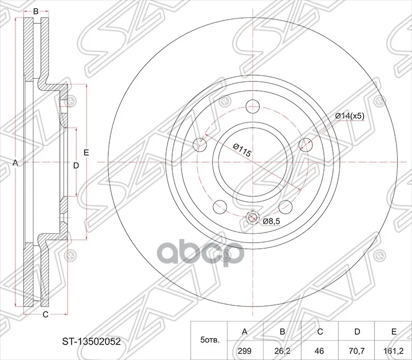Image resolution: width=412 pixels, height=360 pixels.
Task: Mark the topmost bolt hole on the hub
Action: [x=252, y=107]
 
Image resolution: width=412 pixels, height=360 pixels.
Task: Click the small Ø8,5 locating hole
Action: [x=252, y=218]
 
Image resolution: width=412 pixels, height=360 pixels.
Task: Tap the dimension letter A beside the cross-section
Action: [x=15, y=163]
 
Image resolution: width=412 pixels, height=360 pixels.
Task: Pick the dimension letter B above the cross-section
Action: [x=36, y=11]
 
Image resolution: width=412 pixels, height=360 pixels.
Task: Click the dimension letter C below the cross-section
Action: [x=45, y=314]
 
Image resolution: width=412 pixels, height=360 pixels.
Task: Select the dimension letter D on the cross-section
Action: [x=75, y=165]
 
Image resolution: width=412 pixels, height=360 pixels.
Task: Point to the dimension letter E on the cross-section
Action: [x=87, y=152]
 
